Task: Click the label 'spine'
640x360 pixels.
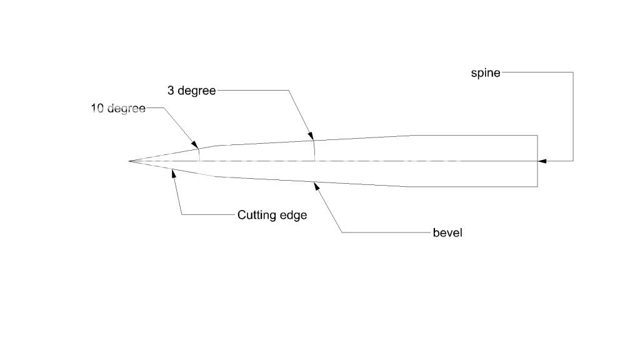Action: [x=486, y=72]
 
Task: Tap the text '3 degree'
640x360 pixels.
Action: [x=191, y=91]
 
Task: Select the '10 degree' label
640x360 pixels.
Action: [x=118, y=108]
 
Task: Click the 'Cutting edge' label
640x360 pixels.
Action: [x=272, y=215]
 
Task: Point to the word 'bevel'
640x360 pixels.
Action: [x=447, y=233]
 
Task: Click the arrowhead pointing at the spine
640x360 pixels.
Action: [x=541, y=161]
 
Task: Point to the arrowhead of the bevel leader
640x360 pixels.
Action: [x=316, y=183]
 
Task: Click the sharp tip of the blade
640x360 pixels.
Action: [x=129, y=161]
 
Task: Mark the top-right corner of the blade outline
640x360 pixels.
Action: [x=537, y=135]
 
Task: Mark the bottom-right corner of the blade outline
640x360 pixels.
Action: [x=537, y=186]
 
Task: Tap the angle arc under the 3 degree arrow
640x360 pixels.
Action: [x=314, y=150]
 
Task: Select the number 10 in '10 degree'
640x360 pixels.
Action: [x=97, y=108]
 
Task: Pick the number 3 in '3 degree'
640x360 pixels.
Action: [x=171, y=91]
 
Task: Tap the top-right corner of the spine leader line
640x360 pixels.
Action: [x=573, y=72]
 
